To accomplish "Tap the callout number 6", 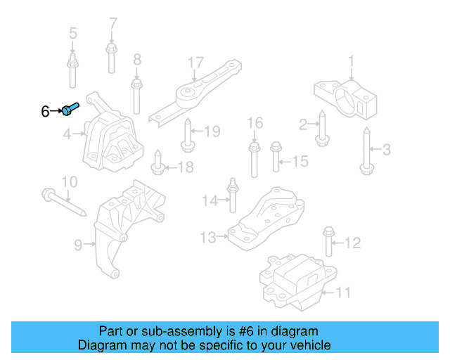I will tap(45, 111).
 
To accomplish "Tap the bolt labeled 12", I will tap(328, 243).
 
